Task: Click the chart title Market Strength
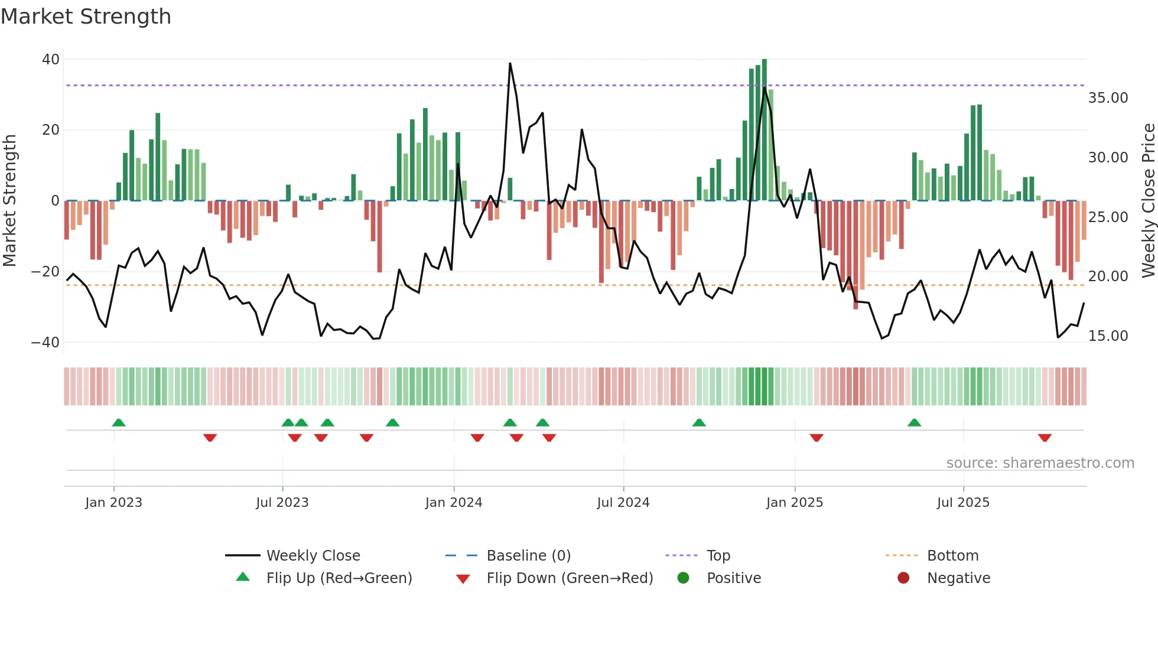(86, 17)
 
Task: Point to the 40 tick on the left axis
(51, 60)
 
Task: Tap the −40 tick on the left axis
(45, 343)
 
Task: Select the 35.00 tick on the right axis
(1108, 98)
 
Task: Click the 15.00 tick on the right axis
(1108, 336)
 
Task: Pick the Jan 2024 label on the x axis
(453, 503)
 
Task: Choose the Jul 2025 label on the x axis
(962, 503)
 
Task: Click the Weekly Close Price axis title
(1148, 201)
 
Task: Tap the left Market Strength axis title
(10, 201)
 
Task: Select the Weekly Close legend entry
(313, 556)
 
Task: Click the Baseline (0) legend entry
(528, 556)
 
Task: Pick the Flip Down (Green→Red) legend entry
(569, 578)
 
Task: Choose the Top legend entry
(718, 556)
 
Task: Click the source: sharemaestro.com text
(1040, 463)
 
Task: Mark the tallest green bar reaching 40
(765, 130)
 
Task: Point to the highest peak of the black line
(510, 64)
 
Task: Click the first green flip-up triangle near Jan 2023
(119, 422)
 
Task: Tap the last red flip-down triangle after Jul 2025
(1045, 438)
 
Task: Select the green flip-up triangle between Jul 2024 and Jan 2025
(699, 422)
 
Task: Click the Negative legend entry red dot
(903, 578)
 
